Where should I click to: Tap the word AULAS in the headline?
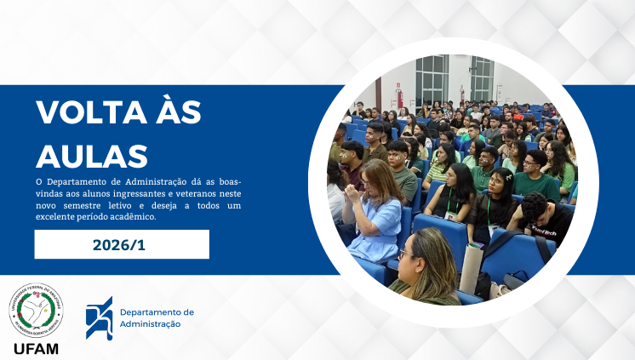click(93, 156)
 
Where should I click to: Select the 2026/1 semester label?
click(122, 245)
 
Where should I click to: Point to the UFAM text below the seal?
click(36, 349)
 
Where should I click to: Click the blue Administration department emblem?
click(99, 317)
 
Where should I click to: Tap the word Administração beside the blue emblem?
click(151, 324)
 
